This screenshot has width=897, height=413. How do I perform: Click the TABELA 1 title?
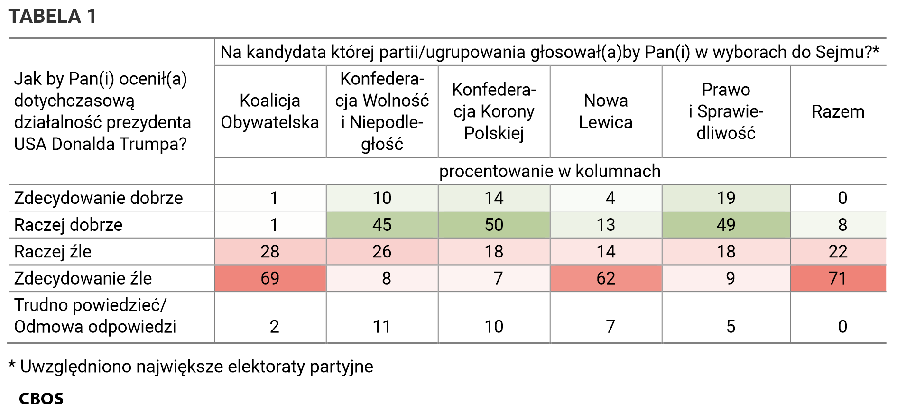(52, 16)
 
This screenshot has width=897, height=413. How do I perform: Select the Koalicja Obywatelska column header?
(270, 111)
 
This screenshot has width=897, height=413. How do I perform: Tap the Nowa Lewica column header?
(606, 111)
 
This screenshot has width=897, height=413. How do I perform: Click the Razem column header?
(838, 111)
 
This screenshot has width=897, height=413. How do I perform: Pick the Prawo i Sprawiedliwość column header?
(726, 111)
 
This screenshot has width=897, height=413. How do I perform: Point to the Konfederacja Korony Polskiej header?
(494, 111)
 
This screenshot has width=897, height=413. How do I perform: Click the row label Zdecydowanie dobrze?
(99, 198)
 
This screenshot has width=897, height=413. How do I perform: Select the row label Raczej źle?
(53, 251)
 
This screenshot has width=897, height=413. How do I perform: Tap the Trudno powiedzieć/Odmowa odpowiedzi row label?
(95, 316)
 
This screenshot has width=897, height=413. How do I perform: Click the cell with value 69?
(270, 278)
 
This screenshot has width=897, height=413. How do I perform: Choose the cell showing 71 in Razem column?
(838, 278)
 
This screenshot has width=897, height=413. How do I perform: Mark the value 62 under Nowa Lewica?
(606, 278)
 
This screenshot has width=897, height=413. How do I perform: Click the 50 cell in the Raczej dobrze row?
(494, 225)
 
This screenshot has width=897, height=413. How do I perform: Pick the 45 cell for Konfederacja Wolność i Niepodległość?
(382, 225)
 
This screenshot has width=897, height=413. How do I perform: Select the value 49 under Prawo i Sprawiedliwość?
(726, 225)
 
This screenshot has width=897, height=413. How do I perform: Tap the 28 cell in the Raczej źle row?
(270, 251)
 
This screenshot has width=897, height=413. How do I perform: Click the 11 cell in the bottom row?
(382, 327)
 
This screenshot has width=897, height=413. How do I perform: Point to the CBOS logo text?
(41, 399)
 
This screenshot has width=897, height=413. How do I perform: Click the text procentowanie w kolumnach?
(550, 171)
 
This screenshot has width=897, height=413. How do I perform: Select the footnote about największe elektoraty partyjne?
(191, 367)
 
